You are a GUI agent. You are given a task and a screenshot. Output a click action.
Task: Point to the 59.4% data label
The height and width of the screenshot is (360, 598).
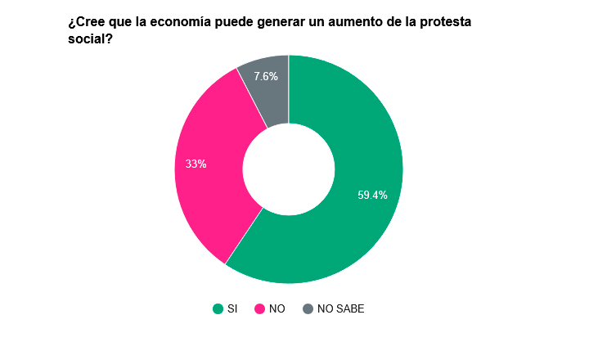(372, 195)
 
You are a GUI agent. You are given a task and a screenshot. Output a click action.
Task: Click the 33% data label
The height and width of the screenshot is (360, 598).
(196, 164)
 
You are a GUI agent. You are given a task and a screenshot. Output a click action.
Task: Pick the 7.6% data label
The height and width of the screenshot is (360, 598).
(266, 76)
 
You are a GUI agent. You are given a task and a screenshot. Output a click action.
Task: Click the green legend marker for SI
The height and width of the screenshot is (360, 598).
(218, 308)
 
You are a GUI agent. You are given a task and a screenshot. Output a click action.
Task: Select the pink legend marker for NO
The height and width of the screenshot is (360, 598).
(260, 308)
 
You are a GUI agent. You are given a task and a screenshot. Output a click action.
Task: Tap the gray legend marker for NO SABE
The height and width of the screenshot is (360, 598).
(308, 308)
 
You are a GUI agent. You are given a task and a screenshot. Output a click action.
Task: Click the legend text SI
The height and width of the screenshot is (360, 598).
(232, 308)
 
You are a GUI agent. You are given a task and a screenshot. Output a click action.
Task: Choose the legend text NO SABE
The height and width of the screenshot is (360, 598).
(340, 308)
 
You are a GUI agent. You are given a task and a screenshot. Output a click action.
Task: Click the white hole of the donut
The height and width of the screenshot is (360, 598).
(289, 169)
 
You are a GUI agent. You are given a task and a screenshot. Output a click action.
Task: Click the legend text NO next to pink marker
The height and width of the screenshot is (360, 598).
(277, 308)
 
